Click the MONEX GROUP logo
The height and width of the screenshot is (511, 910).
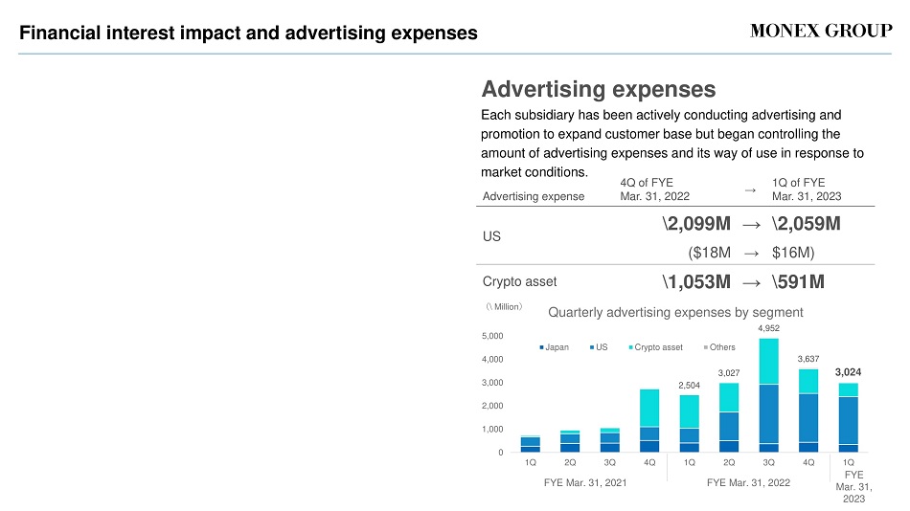(x=821, y=31)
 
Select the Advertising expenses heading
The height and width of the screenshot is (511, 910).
(x=599, y=89)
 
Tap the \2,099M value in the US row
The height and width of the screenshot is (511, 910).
(x=696, y=223)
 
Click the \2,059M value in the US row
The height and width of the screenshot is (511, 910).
(x=807, y=223)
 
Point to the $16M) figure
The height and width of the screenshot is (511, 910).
(x=793, y=253)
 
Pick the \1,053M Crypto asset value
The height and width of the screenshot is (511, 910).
(x=696, y=282)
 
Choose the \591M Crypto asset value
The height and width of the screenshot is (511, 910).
(x=798, y=282)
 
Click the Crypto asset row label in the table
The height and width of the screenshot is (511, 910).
(x=519, y=282)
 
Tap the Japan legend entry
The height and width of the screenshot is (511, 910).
(x=555, y=346)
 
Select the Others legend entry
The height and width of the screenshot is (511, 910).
(x=719, y=346)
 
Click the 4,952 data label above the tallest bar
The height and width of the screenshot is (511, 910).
(x=768, y=327)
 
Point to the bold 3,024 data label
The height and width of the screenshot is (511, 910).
(x=848, y=372)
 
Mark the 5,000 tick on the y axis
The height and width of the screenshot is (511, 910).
(x=492, y=336)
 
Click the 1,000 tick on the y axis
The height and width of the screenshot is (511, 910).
(x=492, y=430)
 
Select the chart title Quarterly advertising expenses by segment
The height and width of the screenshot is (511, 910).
(x=675, y=312)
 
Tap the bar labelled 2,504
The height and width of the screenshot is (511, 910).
(x=689, y=423)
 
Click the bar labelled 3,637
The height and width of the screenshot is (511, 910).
(x=808, y=411)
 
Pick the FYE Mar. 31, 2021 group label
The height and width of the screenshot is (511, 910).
(x=585, y=482)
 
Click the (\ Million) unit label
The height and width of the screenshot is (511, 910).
(x=504, y=306)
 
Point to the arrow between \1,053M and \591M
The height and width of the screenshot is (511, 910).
(x=752, y=283)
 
